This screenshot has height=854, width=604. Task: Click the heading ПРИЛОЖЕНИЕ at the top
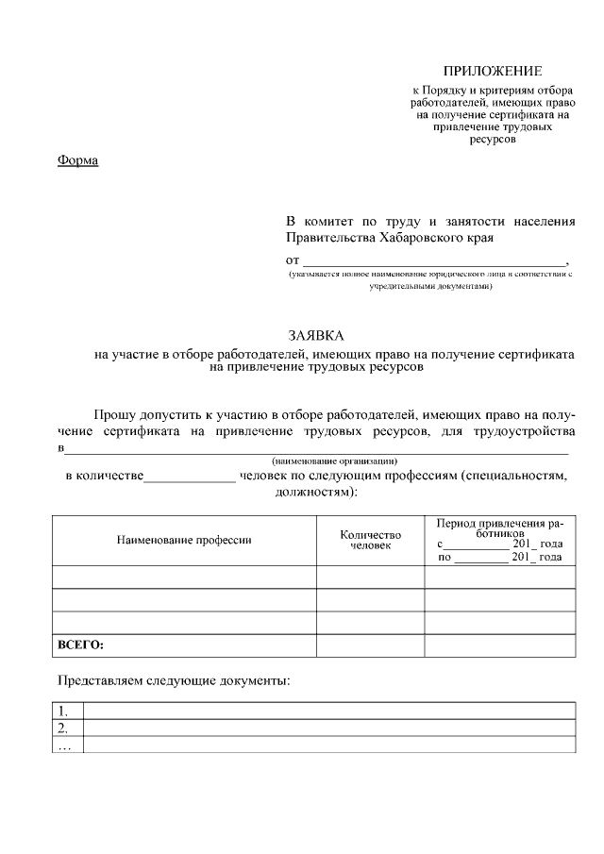(493, 71)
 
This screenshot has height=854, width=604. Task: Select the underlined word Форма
(77, 159)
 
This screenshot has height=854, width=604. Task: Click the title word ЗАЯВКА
(316, 336)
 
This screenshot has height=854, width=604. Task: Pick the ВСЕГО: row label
(81, 645)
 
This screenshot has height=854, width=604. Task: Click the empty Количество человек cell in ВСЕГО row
(370, 645)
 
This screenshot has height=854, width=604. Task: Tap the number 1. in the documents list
(63, 711)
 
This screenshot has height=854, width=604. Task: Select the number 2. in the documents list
(63, 728)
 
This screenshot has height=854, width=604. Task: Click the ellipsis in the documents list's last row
(64, 745)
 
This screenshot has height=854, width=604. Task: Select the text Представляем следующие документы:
(174, 679)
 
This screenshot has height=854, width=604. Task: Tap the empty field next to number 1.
(328, 711)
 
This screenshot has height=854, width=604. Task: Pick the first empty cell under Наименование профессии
(184, 577)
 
